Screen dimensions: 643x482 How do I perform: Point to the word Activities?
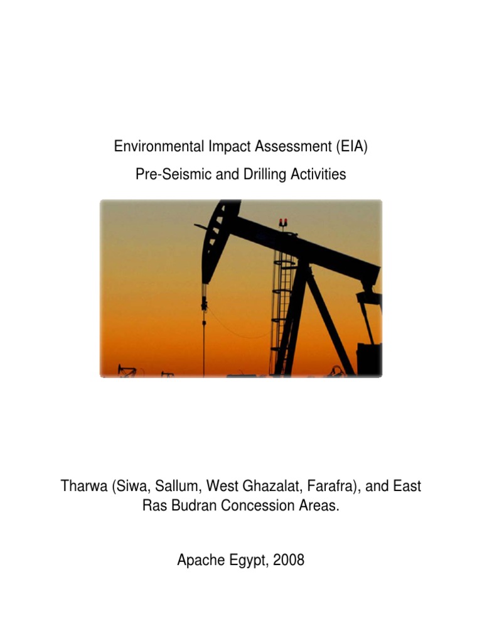(316, 175)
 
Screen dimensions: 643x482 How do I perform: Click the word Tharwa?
(83, 486)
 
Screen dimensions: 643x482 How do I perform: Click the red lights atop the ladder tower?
(284, 222)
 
